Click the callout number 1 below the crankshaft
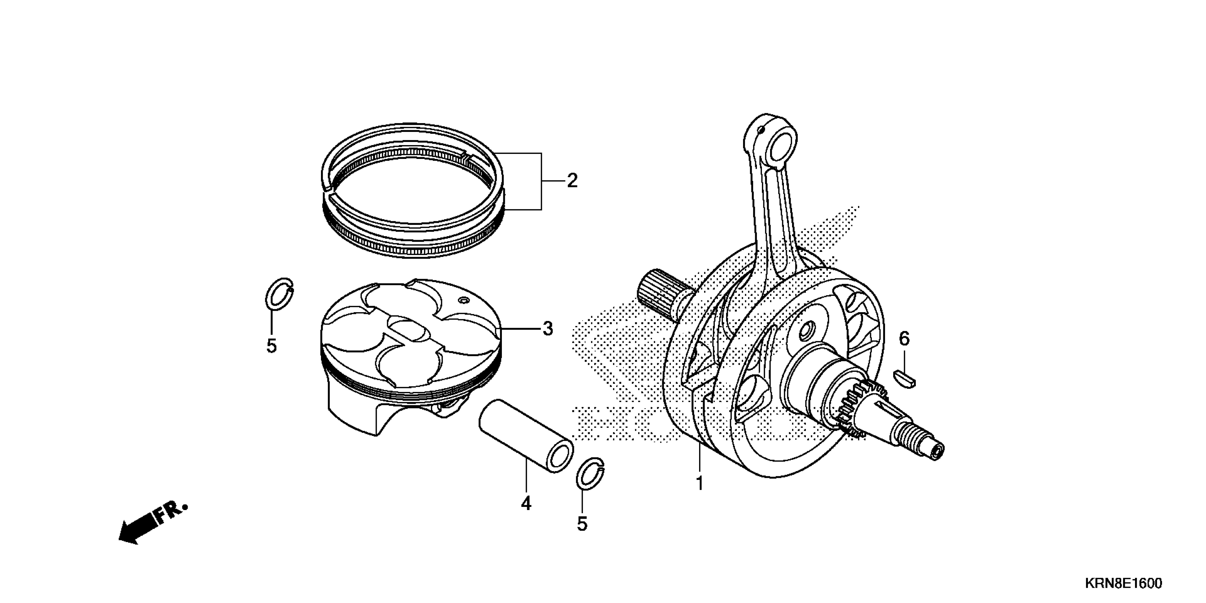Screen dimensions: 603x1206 pos(700,483)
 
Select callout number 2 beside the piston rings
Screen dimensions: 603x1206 pos(572,181)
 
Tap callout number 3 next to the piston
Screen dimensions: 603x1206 pos(548,329)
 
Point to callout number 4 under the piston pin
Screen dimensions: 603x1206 pos(526,504)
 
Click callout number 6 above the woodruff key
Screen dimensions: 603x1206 pos(904,338)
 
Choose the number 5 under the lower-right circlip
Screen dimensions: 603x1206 pos(582,524)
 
